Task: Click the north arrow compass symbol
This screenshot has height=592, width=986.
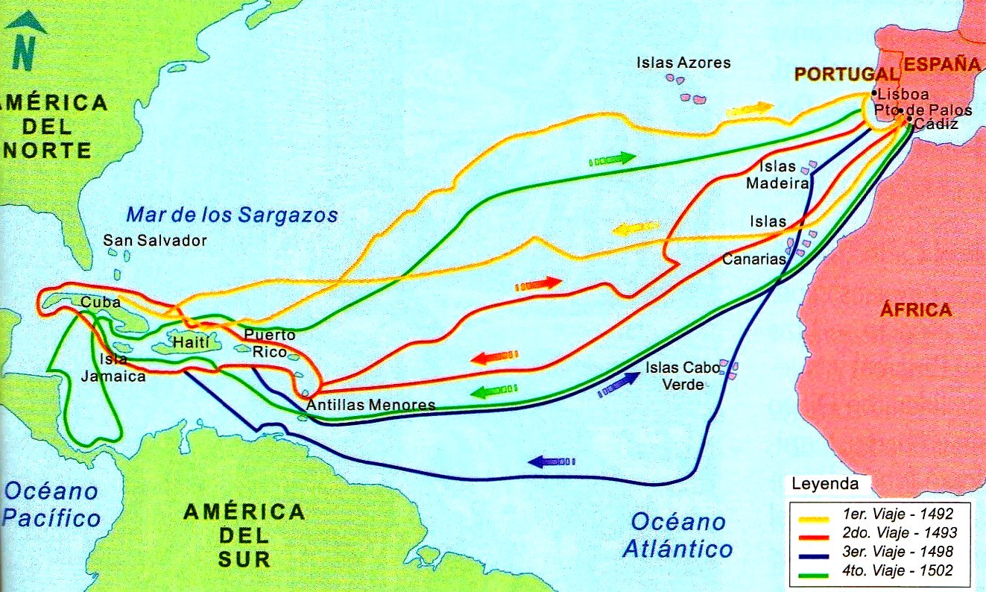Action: (25, 42)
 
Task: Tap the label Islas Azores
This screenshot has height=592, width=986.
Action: (683, 63)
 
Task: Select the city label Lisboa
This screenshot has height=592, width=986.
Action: (903, 95)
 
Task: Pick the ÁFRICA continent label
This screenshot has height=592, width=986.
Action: (916, 309)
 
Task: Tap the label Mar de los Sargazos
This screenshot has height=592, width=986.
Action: (232, 215)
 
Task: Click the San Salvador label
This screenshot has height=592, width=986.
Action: (155, 240)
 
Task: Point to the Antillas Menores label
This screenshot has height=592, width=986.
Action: (370, 405)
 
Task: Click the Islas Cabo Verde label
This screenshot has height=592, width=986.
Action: (674, 376)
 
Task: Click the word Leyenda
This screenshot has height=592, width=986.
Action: (824, 484)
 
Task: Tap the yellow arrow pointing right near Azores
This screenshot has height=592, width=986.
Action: (750, 109)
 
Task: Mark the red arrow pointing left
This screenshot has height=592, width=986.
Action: (494, 359)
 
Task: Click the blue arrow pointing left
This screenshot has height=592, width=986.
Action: (552, 462)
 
